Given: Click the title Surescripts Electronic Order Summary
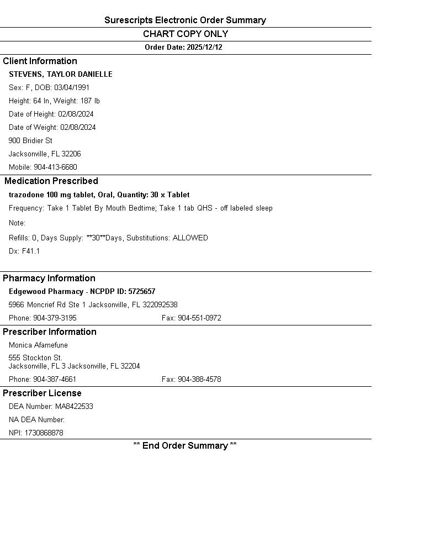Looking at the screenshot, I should coord(185,20).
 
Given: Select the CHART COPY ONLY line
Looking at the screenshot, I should coord(185,34).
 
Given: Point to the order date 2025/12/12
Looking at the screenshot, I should coord(204,48).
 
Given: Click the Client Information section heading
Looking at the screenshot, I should coord(40,61).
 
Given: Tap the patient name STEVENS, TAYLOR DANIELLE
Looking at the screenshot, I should coord(61,75).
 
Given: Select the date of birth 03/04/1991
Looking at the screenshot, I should coord(72,88).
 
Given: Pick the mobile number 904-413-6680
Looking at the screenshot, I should coord(55,167).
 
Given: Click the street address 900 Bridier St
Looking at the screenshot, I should coord(30,141).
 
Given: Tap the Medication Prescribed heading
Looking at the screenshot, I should coord(51,181).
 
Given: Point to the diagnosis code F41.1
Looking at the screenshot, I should coord(31,251).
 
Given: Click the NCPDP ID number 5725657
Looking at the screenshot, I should coord(142,292).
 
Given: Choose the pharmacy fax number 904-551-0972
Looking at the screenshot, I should coord(199,318).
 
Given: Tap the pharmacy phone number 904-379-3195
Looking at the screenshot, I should coord(55,318).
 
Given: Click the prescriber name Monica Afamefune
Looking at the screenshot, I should coord(38,345).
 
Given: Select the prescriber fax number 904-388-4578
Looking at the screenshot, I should coord(199,380).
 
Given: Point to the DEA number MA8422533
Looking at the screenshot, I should coord(74,407).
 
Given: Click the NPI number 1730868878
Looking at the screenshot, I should coord(44,433).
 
